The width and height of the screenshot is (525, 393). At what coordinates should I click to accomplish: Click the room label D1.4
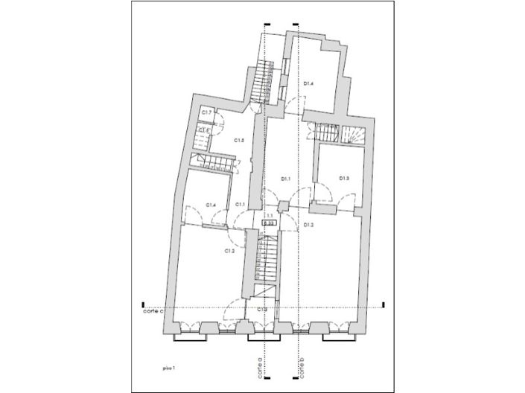click(309, 84)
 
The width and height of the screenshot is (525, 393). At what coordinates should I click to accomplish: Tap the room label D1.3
click(344, 178)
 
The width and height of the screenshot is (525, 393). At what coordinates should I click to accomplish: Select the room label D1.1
click(285, 179)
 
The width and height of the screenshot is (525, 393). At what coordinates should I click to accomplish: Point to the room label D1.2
click(308, 224)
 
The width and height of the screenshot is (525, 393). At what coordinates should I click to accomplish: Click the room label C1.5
click(240, 140)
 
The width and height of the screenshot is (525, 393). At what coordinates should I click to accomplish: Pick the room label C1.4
click(211, 205)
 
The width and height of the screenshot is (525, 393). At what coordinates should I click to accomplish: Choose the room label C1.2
click(229, 252)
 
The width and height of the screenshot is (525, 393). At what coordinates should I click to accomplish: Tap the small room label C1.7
click(208, 112)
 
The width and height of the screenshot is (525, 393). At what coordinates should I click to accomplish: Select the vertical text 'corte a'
click(260, 368)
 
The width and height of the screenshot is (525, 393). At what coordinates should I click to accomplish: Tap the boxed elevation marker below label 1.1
click(270, 223)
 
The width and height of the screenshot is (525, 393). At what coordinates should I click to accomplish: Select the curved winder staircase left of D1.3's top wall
click(353, 134)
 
